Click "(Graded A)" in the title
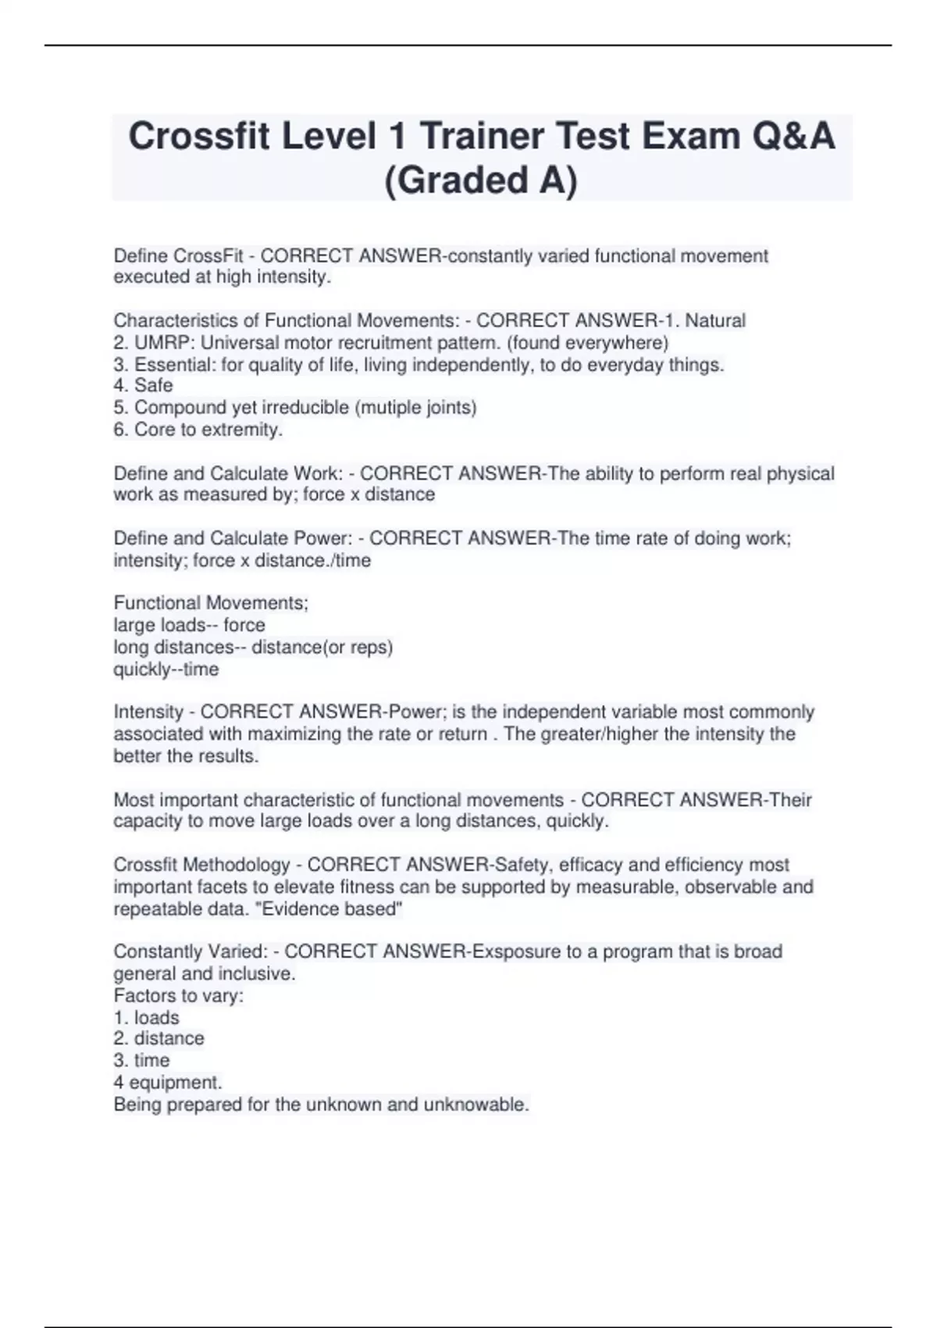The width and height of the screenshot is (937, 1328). (481, 180)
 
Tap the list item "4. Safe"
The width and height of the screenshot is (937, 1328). (143, 385)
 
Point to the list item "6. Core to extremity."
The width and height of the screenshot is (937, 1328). (198, 430)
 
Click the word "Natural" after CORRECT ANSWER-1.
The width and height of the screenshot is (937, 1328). (715, 320)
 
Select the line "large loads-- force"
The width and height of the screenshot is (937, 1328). (189, 625)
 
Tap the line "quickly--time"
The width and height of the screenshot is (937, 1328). (166, 669)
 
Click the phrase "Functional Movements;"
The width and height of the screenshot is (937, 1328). (211, 603)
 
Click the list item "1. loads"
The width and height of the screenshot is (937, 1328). (146, 1018)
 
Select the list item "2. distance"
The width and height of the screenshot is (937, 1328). (159, 1038)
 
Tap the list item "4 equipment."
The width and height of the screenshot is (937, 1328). (168, 1083)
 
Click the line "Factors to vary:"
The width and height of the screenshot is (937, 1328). (178, 996)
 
